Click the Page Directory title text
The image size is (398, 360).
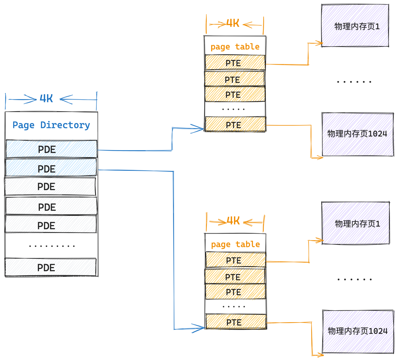click(51, 125)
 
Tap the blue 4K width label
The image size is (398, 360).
click(46, 98)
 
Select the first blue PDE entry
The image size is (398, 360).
click(51, 149)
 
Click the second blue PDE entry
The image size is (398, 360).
click(51, 168)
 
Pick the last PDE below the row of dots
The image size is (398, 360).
click(51, 267)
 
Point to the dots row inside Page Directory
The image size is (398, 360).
click(52, 246)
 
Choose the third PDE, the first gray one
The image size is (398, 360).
click(50, 187)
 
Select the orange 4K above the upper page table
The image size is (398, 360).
click(233, 23)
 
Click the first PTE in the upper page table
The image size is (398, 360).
click(235, 63)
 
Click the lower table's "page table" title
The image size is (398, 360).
click(235, 245)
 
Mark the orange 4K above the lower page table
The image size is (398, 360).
click(233, 221)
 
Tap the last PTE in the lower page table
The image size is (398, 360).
click(236, 322)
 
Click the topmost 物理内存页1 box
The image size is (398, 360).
click(355, 26)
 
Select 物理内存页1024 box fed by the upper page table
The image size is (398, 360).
click(358, 134)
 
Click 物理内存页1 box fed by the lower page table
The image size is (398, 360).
click(356, 223)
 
